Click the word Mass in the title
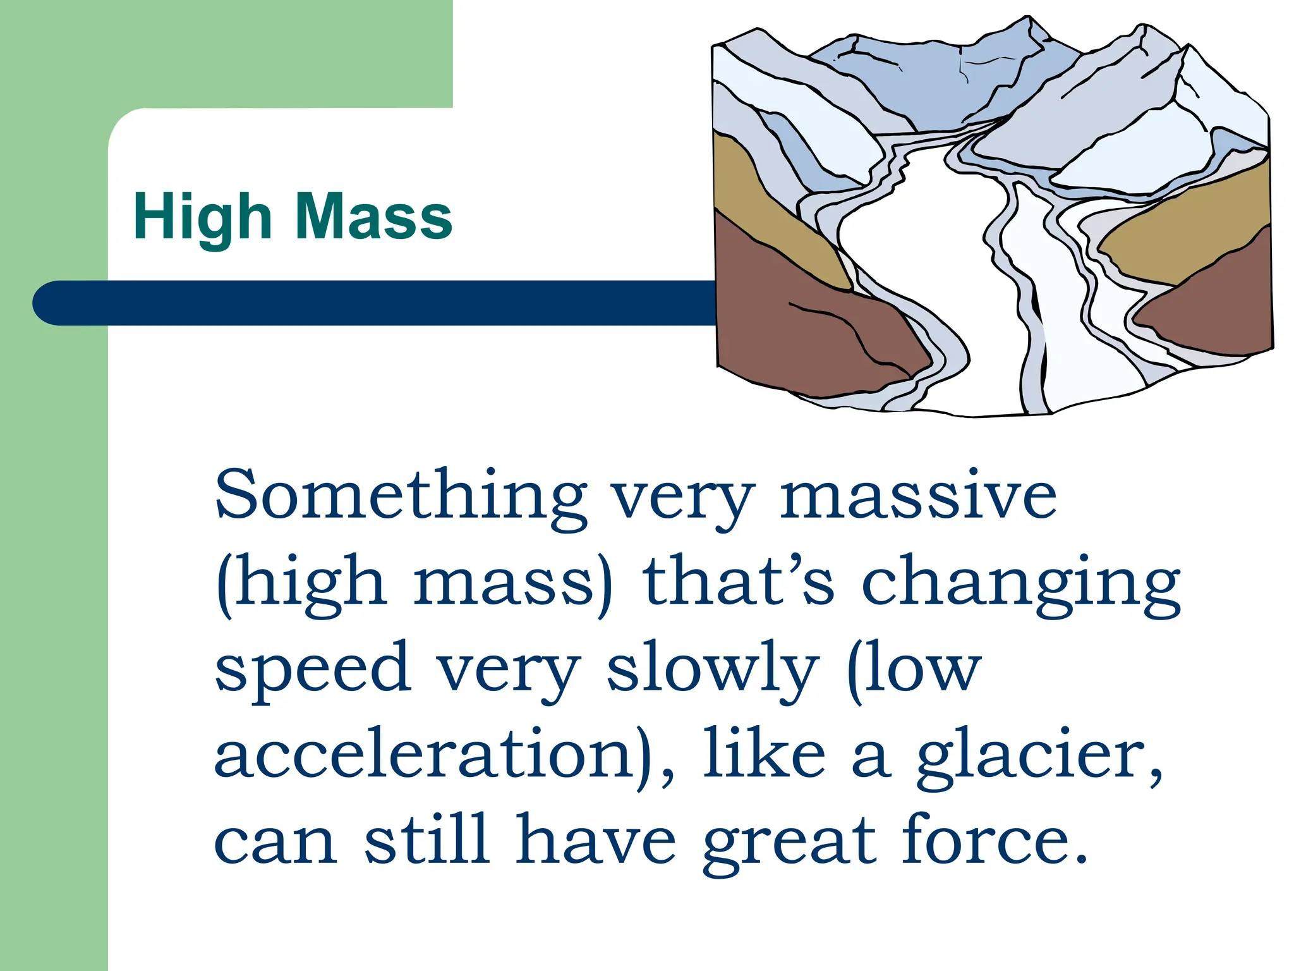point(373,217)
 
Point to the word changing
point(1020,585)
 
